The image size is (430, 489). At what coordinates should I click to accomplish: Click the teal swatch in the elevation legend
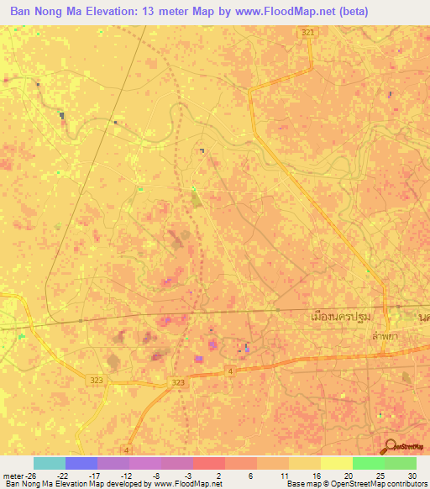click(x=49, y=463)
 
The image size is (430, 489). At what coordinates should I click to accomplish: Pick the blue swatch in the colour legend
click(x=81, y=463)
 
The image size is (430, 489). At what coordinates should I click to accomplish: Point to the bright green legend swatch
click(x=368, y=463)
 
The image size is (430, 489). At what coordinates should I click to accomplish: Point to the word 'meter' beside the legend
click(x=13, y=474)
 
